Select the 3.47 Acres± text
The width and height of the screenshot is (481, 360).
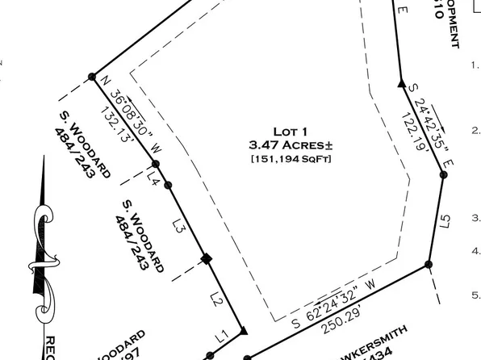pyautogui.click(x=291, y=145)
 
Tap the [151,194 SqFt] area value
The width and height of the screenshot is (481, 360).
pyautogui.click(x=291, y=159)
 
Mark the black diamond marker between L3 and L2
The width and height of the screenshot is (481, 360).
pyautogui.click(x=206, y=259)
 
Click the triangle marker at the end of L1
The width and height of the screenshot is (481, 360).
pyautogui.click(x=244, y=332)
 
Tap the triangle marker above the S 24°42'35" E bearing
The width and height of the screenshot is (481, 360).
pyautogui.click(x=401, y=82)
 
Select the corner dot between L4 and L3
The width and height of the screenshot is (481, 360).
pyautogui.click(x=169, y=186)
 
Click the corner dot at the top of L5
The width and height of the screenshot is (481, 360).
pyautogui.click(x=443, y=174)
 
